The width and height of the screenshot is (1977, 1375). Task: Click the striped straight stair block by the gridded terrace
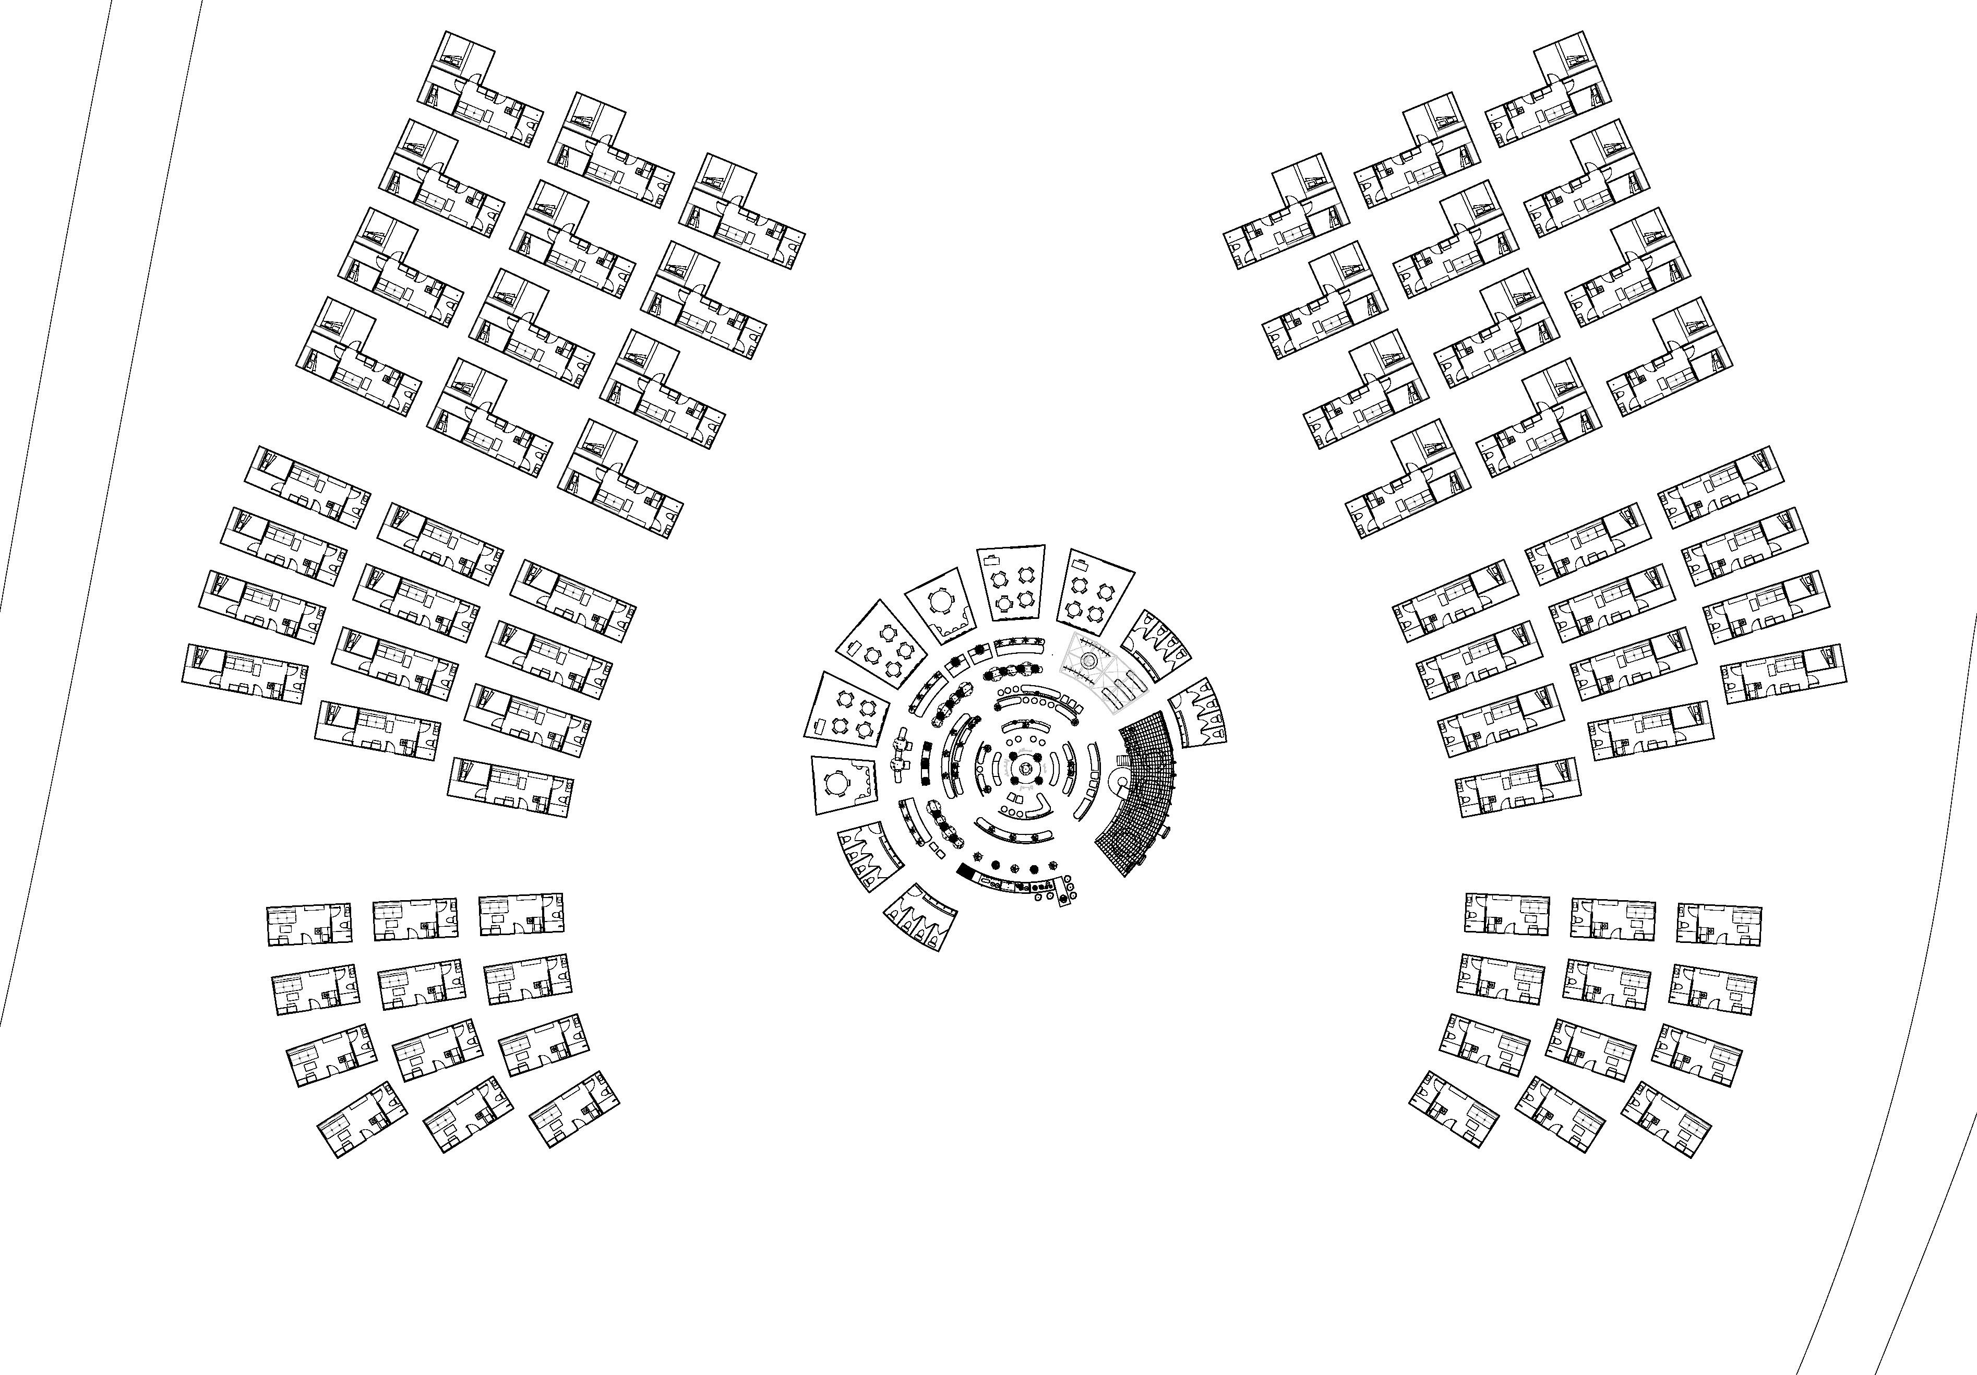(x=1121, y=761)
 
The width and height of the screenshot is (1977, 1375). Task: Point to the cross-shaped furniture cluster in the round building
(x=901, y=754)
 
